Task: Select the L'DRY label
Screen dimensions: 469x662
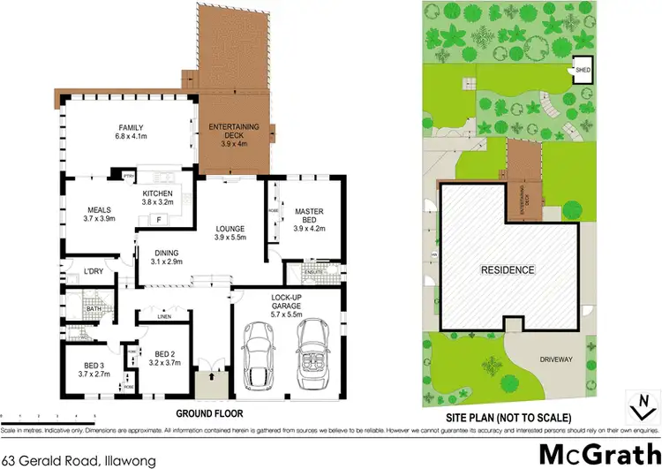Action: tap(94, 270)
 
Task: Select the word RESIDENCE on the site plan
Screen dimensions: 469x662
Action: tap(507, 269)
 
